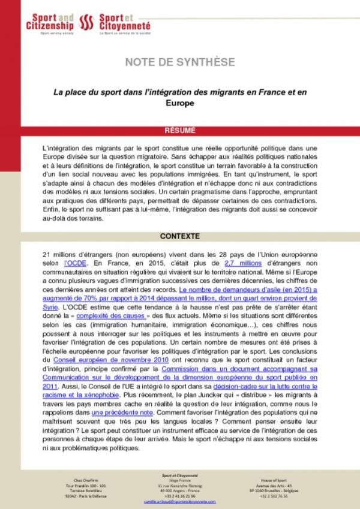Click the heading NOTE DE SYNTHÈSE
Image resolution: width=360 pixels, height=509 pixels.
tap(180, 62)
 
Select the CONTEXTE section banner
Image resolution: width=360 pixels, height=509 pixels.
tap(180, 236)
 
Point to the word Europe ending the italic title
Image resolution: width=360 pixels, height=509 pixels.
tap(180, 103)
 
